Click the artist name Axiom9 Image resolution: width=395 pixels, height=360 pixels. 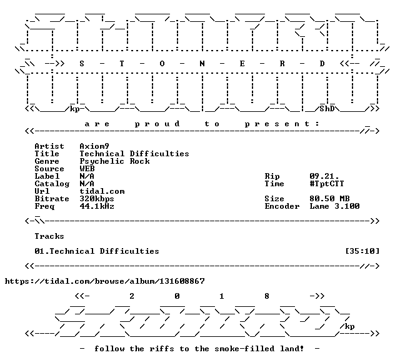(94, 146)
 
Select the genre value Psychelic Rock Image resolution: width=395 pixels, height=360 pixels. (114, 161)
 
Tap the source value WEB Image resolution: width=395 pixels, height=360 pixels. (87, 169)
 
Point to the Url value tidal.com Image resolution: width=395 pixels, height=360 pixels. (102, 191)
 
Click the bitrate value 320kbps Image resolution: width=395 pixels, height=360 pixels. (97, 199)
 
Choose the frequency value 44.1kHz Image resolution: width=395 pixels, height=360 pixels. (97, 206)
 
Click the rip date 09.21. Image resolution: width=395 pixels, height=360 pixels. (324, 176)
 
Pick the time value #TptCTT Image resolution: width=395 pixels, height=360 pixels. (327, 184)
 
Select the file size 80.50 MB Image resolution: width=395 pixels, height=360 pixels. (329, 199)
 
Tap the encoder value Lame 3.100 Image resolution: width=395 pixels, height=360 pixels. (334, 206)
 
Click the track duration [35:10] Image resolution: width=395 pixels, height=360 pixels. (362, 251)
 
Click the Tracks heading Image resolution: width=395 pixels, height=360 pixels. (49, 236)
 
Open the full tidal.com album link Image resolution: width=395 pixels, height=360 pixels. (105, 281)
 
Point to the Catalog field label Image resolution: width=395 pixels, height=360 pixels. (52, 184)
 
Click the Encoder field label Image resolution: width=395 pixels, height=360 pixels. (282, 206)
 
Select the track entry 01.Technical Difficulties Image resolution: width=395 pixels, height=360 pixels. (97, 251)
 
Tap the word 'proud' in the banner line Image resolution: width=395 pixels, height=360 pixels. (157, 124)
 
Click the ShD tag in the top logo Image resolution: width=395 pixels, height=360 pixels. (327, 109)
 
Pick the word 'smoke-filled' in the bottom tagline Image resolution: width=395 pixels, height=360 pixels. (244, 349)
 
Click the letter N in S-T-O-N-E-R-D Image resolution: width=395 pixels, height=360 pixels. (202, 64)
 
